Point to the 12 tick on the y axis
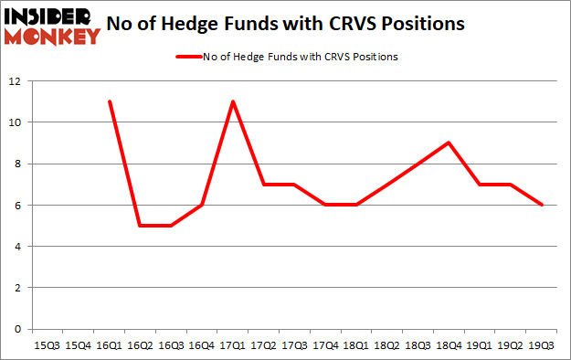(16, 81)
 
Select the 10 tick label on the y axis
(16, 122)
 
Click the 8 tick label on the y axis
(18, 164)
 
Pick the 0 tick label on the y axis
(18, 329)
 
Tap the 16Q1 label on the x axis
(110, 344)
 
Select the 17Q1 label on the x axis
(234, 344)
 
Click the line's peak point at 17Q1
(234, 101)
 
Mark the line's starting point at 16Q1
(110, 101)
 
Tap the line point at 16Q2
(141, 226)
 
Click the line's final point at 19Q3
(543, 205)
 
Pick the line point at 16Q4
(203, 205)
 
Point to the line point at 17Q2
(264, 185)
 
